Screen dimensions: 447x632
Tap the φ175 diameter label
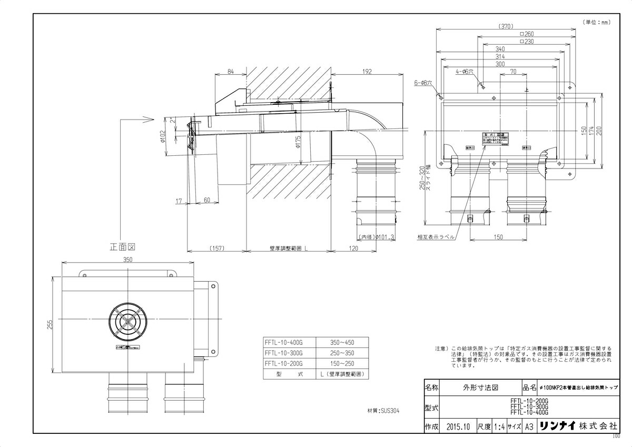tap(298, 142)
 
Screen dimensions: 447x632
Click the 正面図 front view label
tap(123, 246)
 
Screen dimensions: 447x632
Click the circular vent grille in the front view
tap(127, 320)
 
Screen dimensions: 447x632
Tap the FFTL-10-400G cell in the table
tap(284, 342)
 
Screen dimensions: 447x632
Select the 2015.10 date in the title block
tap(457, 426)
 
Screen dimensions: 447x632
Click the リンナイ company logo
tap(557, 426)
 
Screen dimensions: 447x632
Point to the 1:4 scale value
tap(499, 426)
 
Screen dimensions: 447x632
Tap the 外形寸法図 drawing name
tap(477, 388)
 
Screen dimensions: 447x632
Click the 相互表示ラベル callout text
tap(436, 237)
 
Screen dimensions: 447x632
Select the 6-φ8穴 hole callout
tap(423, 83)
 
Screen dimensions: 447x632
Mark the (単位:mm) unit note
tap(596, 22)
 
